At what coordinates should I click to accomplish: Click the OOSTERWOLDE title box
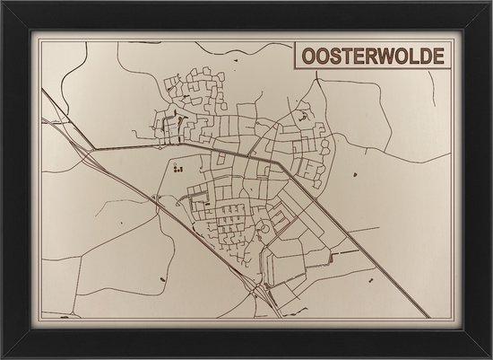pos(369,56)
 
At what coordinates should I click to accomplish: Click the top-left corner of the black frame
pos(3,3)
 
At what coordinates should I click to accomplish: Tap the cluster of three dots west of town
pos(177,168)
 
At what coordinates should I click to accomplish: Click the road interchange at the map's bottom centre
pos(261,289)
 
